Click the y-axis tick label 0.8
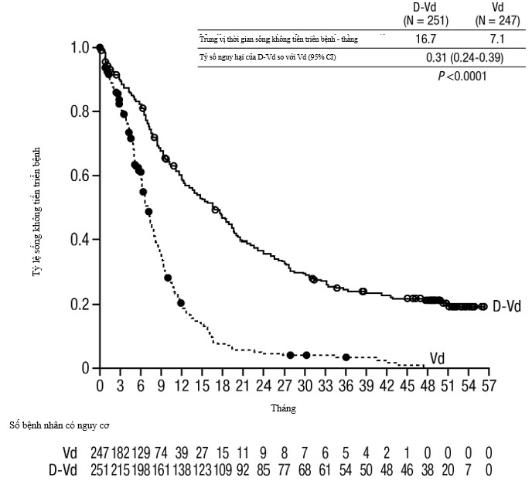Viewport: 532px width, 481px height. (80, 112)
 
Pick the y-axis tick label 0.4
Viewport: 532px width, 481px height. (80, 240)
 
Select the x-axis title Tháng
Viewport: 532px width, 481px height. (283, 408)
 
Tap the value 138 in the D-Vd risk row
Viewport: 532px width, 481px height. (180, 469)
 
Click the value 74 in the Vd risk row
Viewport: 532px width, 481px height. (161, 453)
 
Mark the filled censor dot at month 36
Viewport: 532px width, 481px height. (346, 357)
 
